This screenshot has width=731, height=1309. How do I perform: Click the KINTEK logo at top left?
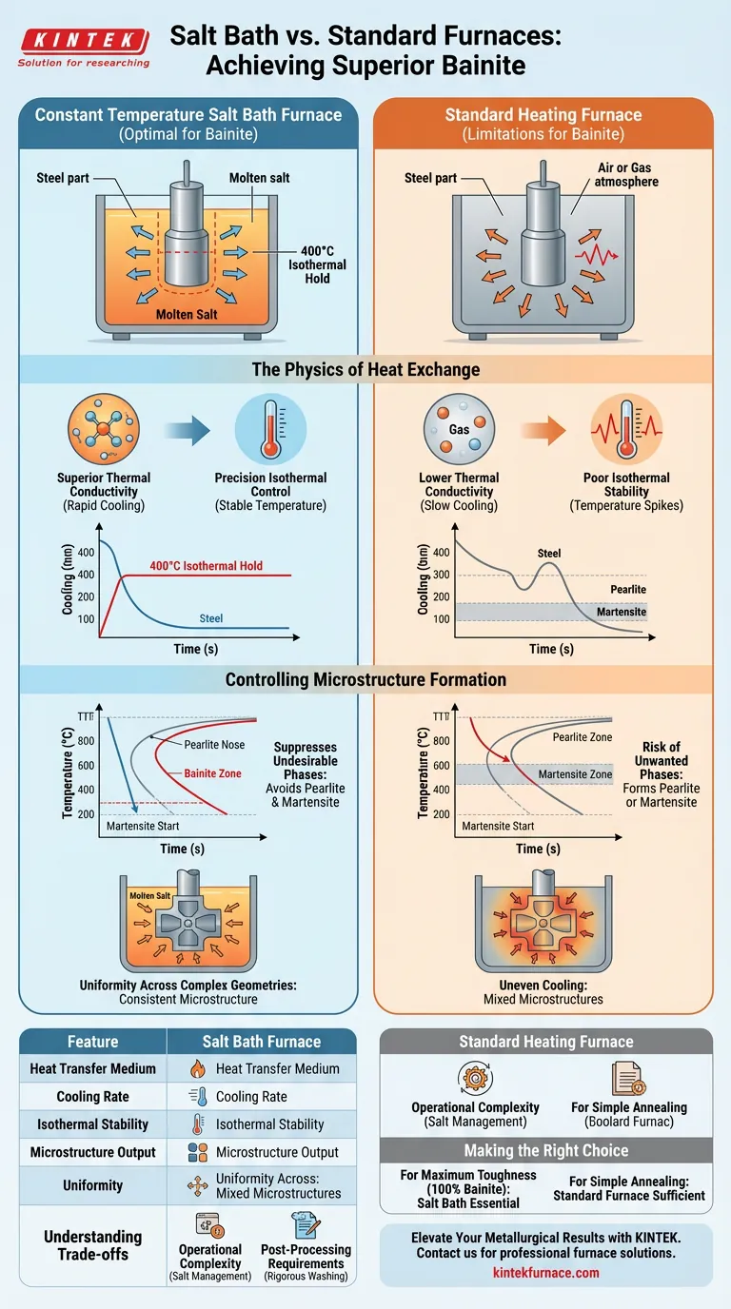pyautogui.click(x=84, y=41)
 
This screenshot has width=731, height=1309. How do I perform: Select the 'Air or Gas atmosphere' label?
pyautogui.click(x=625, y=174)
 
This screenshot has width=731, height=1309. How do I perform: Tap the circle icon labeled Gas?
pyautogui.click(x=459, y=429)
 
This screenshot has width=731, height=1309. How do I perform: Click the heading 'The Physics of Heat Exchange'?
pyautogui.click(x=365, y=369)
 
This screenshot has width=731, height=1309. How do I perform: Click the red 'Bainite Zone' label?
pyautogui.click(x=213, y=773)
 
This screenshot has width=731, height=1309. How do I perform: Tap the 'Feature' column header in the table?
pyautogui.click(x=93, y=1042)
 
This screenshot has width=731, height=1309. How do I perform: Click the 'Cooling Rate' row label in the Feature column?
pyautogui.click(x=92, y=1096)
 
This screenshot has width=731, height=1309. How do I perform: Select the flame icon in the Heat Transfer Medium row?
pyautogui.click(x=198, y=1068)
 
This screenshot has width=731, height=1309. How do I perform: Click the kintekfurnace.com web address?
pyautogui.click(x=545, y=1271)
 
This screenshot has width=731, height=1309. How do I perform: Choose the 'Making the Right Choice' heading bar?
pyautogui.click(x=545, y=1150)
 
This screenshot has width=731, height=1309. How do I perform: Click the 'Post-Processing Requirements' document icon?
pyautogui.click(x=306, y=1223)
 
